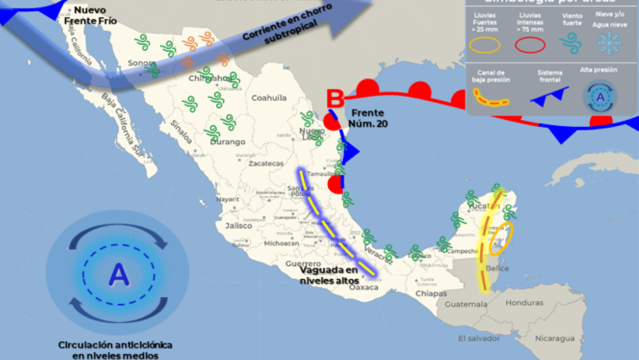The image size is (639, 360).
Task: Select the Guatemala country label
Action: coord(467,303)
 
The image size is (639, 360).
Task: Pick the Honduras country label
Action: coord(524,302)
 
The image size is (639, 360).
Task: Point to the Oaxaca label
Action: coord(364,287)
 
